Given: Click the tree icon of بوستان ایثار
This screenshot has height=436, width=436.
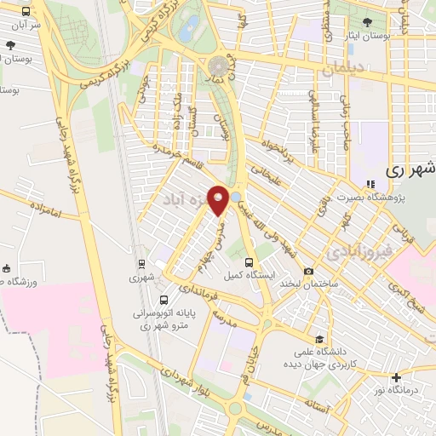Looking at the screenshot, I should pyautogui.click(x=367, y=21).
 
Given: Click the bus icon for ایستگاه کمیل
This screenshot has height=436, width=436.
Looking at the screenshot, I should pyautogui.click(x=249, y=261).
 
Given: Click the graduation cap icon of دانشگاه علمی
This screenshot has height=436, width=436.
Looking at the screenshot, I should pyautogui.click(x=318, y=338).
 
